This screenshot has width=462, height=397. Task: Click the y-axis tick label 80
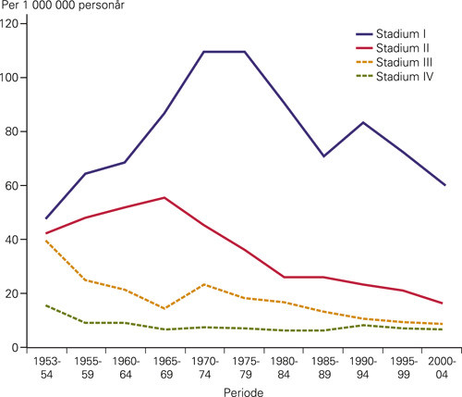(x=20, y=131)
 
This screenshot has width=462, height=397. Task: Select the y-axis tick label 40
(x=20, y=239)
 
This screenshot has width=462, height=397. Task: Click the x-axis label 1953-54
(x=45, y=366)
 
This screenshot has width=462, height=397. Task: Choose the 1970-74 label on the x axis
(x=203, y=366)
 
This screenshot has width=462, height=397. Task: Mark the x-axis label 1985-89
(x=322, y=366)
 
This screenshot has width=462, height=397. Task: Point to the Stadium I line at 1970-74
(x=203, y=52)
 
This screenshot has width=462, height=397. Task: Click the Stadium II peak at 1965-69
(x=164, y=197)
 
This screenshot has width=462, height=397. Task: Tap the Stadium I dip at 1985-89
(x=322, y=156)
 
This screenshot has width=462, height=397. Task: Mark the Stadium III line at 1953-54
(x=45, y=241)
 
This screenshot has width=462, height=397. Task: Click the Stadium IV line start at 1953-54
(x=45, y=305)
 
